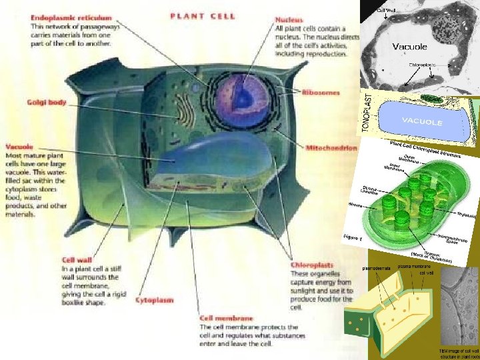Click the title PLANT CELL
203,16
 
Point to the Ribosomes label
321,93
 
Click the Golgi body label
47,103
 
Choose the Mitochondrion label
331,147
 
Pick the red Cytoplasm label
155,300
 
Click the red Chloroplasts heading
312,265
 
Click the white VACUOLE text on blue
421,122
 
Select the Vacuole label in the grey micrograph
409,47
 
